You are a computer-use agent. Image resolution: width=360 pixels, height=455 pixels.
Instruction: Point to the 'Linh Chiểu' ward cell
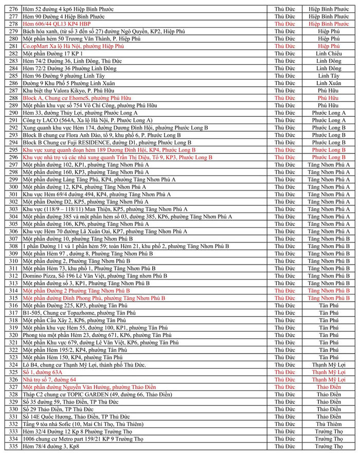328,54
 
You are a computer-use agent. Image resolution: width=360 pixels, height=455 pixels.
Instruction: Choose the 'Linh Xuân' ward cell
328,83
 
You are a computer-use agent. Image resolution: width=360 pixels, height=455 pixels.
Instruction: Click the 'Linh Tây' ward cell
328,76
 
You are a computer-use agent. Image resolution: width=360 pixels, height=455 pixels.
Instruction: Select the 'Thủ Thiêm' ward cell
328,424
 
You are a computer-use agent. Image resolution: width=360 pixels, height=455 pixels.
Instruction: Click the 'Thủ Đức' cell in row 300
284,187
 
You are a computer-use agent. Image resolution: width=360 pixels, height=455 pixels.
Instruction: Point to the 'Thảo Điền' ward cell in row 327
328,387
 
